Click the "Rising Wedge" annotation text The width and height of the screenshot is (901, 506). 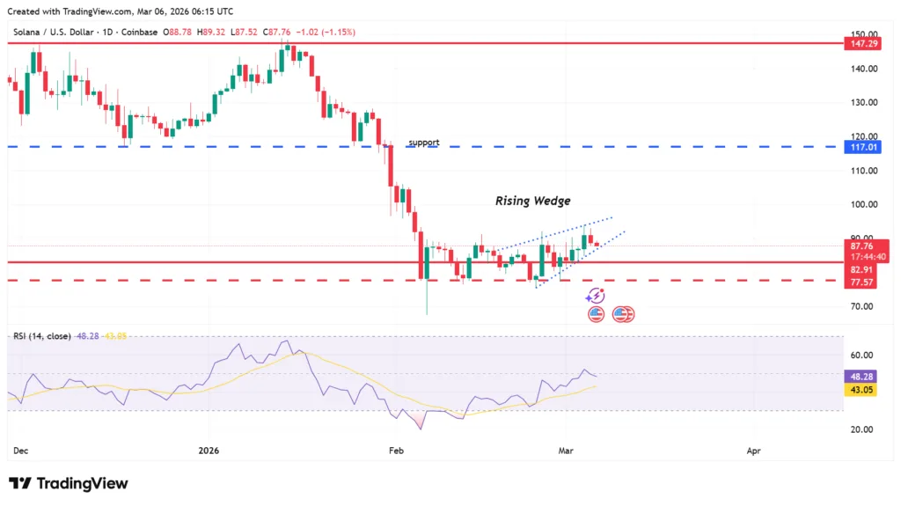coord(532,201)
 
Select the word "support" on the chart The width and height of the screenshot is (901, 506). coord(423,143)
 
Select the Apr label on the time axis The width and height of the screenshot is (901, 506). coord(753,451)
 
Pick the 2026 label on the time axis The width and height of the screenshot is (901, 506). coord(209,451)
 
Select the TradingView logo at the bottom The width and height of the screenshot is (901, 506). coord(69,483)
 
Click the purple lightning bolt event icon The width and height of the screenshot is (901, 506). coord(596,297)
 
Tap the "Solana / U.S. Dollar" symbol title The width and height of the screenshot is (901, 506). coord(54,33)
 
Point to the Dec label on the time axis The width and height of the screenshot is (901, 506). coord(20,451)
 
